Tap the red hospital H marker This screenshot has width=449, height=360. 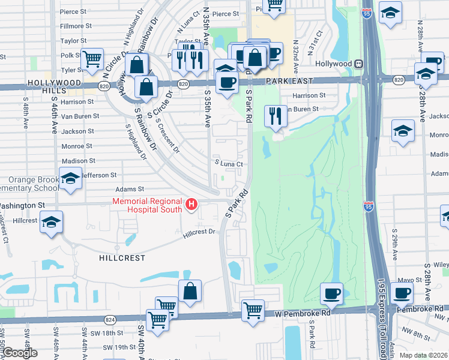(191, 205)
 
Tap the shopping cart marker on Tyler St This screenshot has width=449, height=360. (92, 59)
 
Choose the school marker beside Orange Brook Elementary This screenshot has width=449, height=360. (70, 178)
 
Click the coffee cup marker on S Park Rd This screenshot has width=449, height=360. (226, 82)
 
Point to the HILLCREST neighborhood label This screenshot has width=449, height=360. (123, 257)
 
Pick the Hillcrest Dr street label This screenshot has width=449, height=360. (199, 232)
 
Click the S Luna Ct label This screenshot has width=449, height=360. (229, 163)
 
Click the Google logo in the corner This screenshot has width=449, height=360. (20, 353)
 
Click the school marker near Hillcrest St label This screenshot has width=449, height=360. (52, 222)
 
